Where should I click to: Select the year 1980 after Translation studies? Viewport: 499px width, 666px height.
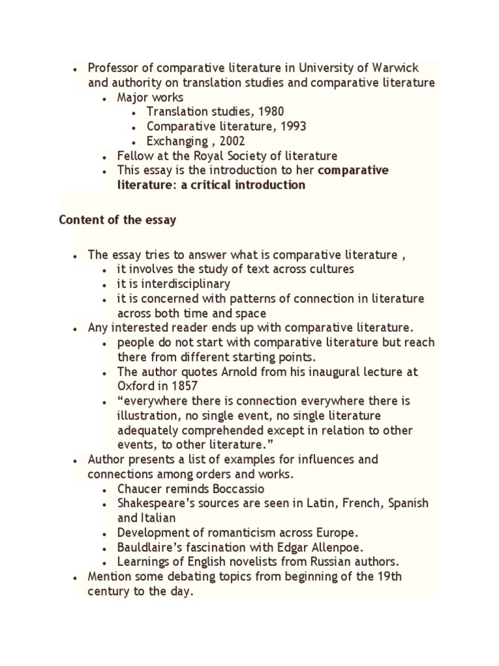(x=270, y=112)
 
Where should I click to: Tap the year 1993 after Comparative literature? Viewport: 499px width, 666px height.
(x=293, y=126)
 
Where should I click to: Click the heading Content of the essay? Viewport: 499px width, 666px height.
(x=118, y=220)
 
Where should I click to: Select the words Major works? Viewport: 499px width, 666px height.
(x=150, y=98)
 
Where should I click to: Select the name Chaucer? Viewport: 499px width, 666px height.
(x=140, y=489)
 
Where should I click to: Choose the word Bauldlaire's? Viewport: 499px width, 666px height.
(x=150, y=548)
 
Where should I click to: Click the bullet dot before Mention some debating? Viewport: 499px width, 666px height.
(x=76, y=578)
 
